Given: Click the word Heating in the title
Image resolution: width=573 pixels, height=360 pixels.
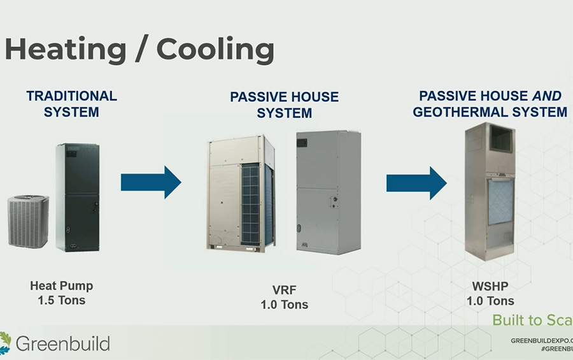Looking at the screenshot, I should point(66,50).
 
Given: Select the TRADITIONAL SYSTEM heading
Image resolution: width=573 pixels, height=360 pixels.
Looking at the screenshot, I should point(71,104).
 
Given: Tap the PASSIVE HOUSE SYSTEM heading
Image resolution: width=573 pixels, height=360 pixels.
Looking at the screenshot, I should point(284,105).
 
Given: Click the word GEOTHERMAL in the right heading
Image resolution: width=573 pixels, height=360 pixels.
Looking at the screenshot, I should point(457,112).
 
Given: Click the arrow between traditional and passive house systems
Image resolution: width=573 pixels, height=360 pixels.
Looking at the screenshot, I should point(151,182).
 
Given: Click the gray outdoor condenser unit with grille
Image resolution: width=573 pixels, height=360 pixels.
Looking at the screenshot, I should point(28,221).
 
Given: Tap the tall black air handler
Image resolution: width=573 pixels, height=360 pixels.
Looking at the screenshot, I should point(77,197).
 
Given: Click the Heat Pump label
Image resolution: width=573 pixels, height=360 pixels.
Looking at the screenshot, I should point(61,286).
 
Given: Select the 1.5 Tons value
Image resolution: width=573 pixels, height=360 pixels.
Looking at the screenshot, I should point(61,299).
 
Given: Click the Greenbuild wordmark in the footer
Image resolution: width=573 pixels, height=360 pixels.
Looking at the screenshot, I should point(62,344).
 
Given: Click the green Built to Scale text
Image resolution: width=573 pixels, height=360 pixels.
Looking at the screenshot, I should point(532,320).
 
